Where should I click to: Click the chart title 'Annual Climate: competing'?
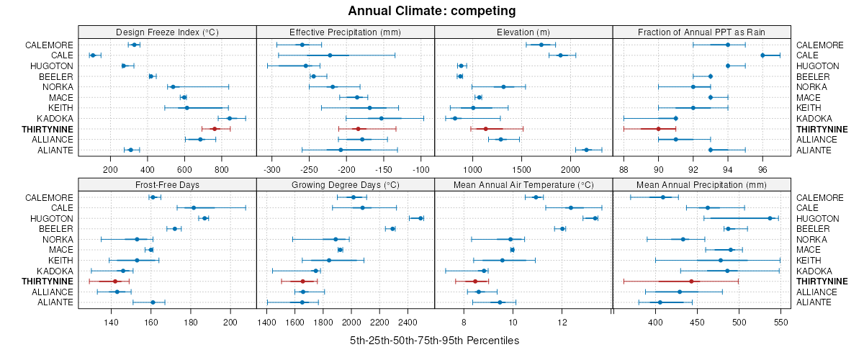coord(432,11)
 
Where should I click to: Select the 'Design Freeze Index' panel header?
coord(167,32)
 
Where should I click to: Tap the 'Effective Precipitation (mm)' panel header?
coord(345,32)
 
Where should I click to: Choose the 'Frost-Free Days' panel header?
coord(167,184)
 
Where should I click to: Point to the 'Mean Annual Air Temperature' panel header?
coord(523,184)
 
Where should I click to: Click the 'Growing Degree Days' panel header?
coord(345,184)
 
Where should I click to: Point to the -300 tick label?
coord(272,170)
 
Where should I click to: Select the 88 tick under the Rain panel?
coord(624,170)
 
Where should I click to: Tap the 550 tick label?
coord(781,323)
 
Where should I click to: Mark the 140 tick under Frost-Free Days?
coord(111,323)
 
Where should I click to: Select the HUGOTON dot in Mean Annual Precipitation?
coord(770,218)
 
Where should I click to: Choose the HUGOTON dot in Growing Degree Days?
coord(420,218)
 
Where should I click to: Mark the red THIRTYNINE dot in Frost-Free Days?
coord(114,282)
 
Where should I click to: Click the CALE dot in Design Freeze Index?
coord(92,55)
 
